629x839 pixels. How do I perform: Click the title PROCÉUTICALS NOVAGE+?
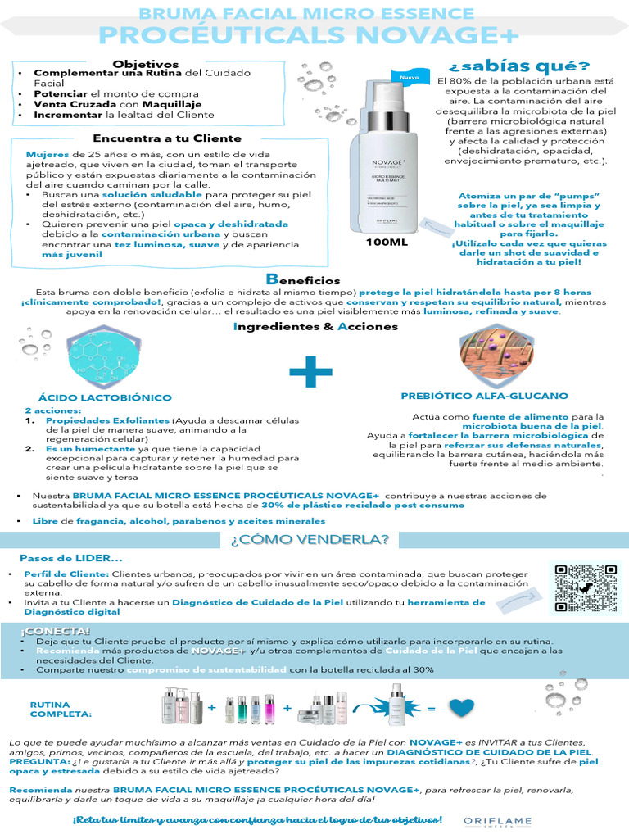coord(307,36)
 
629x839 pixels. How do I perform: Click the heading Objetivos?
coord(146,64)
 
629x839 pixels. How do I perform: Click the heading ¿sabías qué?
coord(518,66)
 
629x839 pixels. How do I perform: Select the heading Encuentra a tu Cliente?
coord(167,138)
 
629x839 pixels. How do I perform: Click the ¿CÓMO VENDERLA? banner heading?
coord(310,539)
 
